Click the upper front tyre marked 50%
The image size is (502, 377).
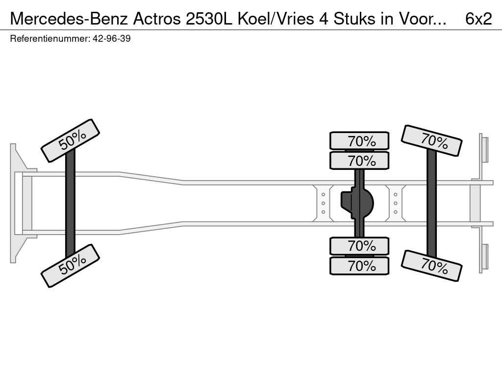[70, 141]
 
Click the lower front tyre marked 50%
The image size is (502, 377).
[70, 266]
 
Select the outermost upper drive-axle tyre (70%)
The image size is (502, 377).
[359, 141]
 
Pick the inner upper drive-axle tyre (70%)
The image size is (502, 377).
[359, 161]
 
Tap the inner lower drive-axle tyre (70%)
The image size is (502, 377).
[359, 246]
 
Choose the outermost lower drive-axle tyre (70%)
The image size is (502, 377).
[359, 266]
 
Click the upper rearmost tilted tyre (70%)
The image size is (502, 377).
[431, 141]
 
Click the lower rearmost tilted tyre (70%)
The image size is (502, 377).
[431, 266]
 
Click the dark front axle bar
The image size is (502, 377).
[70, 203]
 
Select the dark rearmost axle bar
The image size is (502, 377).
[431, 203]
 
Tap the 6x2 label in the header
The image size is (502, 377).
[478, 19]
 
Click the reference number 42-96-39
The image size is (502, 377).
[111, 39]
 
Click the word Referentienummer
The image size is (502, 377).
[50, 39]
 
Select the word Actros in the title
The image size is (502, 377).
[157, 19]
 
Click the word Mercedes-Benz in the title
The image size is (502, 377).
[70, 19]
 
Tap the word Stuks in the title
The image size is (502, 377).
[354, 19]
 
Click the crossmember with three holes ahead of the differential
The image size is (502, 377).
[324, 203]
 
